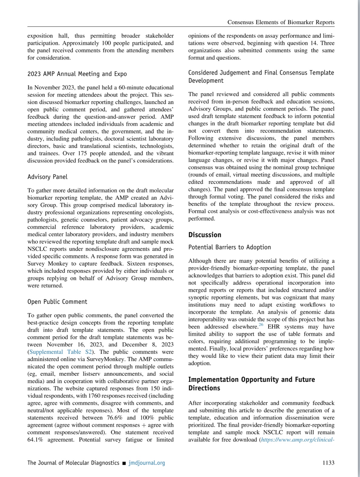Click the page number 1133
[328, 463]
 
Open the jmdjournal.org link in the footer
[147, 463]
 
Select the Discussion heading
[205, 235]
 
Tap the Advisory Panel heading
[47, 177]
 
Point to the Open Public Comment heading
[57, 302]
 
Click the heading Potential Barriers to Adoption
[230, 247]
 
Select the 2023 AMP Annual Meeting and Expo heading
[77, 74]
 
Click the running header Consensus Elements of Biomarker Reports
[281, 22]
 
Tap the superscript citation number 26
[261, 325]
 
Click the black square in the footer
[124, 463]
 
